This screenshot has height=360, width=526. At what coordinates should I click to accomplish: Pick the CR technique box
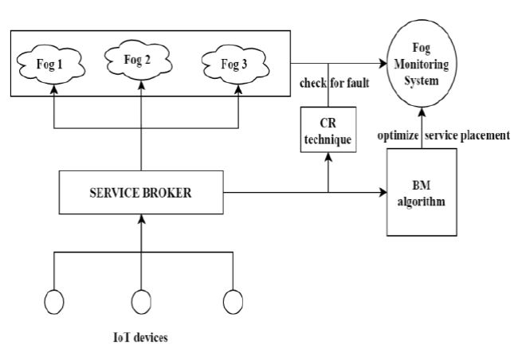pyautogui.click(x=328, y=130)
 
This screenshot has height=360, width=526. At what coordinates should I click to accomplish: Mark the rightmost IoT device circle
pyautogui.click(x=233, y=302)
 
